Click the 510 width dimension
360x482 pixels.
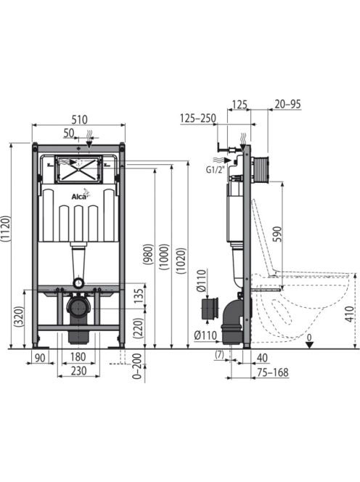80,119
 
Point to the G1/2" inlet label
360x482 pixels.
216,170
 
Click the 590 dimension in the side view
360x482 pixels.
277,234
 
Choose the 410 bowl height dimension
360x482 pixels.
349,314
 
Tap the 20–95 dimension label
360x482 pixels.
287,105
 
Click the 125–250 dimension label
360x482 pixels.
198,118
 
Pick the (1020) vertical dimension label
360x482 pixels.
181,261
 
